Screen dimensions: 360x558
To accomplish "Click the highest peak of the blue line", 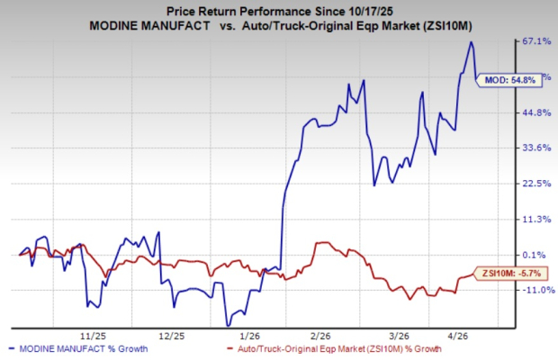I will coord(471,42).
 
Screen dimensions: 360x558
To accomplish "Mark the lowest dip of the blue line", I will coord(228,324).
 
